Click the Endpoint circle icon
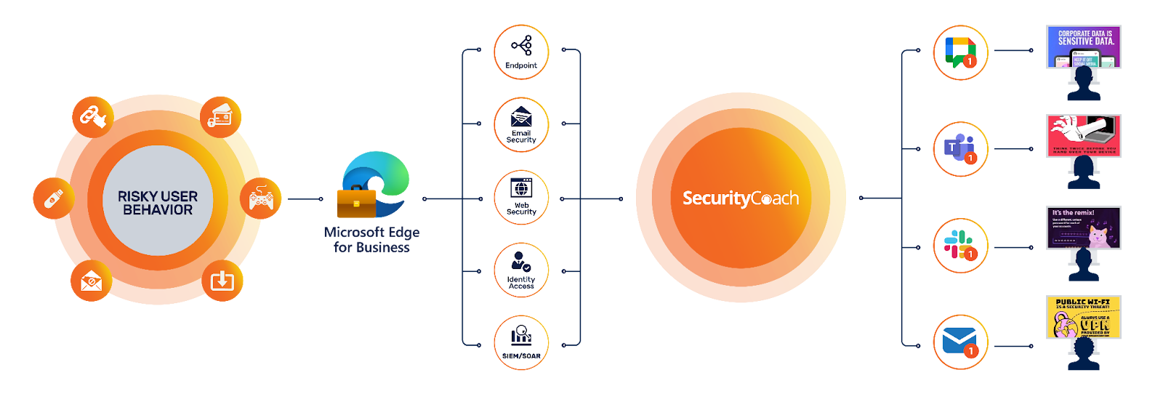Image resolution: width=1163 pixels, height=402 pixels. coord(521,52)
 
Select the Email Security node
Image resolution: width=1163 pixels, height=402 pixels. coord(521,125)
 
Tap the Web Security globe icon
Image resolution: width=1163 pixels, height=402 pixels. coord(521,188)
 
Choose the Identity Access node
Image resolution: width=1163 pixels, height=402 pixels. coord(521,270)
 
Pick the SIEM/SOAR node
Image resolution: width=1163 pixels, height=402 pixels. coord(521,343)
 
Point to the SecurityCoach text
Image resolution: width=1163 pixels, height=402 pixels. coord(740,198)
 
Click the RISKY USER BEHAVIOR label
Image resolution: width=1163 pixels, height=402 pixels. coord(158,203)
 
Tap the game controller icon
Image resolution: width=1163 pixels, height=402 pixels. coord(261,198)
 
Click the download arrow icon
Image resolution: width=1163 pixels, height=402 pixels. coord(222,280)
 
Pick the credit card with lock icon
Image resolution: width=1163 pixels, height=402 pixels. coord(220,116)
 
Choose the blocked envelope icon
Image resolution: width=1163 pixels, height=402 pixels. coord(92,280)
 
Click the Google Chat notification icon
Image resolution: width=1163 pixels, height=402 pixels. coord(961,52)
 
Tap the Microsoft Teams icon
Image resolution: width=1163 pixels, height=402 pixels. coord(961,149)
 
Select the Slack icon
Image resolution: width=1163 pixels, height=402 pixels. coord(961,246)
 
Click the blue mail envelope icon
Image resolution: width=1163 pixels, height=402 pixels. coord(961,342)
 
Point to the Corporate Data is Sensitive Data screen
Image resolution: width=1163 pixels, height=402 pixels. coord(1083,47)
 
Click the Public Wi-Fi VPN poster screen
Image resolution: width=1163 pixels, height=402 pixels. coord(1083,317)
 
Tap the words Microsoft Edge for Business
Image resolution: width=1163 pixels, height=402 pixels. coord(371,240)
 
